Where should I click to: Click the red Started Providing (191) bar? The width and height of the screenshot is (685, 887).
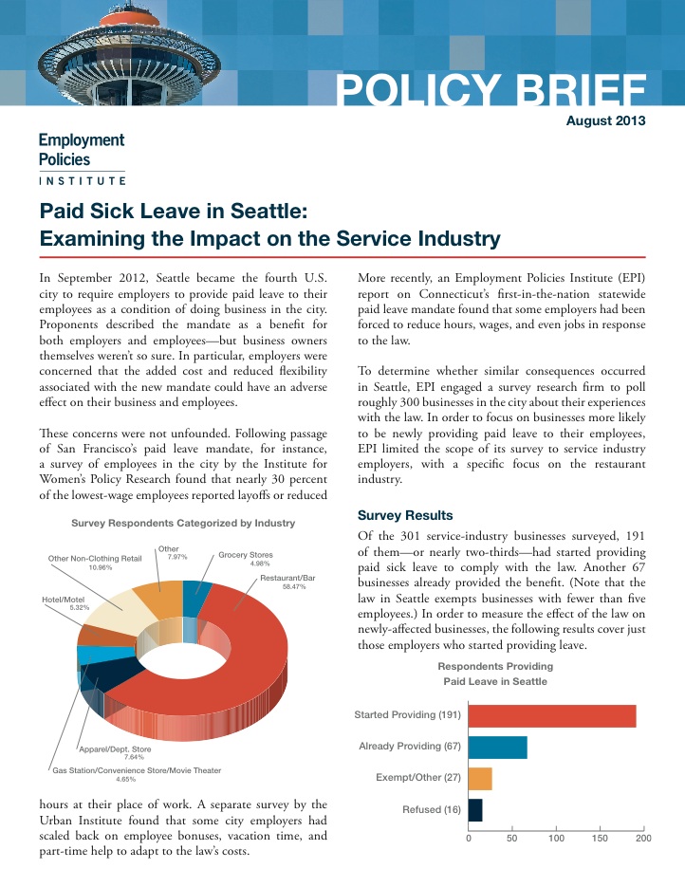pos(552,715)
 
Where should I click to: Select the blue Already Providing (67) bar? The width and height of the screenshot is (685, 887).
pos(498,748)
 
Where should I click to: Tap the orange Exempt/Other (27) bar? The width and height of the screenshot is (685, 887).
pos(480,779)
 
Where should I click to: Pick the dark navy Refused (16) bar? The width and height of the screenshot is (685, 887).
pos(475,810)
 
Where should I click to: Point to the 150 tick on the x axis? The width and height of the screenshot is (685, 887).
pos(600,839)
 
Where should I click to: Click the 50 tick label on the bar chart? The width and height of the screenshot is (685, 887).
pos(512,839)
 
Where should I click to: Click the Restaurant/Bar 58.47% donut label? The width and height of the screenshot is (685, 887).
pos(287,582)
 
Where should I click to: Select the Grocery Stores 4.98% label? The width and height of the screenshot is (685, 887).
pos(246,559)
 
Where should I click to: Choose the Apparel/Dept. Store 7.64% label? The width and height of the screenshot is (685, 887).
pos(116,753)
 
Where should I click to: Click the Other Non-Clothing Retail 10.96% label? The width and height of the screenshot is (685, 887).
pos(95,563)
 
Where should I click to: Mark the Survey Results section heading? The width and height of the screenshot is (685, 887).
pos(405,515)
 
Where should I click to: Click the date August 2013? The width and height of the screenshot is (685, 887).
pos(606,120)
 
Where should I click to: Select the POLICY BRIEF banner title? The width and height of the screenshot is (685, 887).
pos(491,89)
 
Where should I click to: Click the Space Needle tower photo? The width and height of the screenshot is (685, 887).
pos(129,53)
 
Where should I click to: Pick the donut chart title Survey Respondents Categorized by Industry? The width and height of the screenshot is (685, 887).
pos(183,524)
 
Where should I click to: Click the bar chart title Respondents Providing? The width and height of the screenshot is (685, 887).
pos(495,666)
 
